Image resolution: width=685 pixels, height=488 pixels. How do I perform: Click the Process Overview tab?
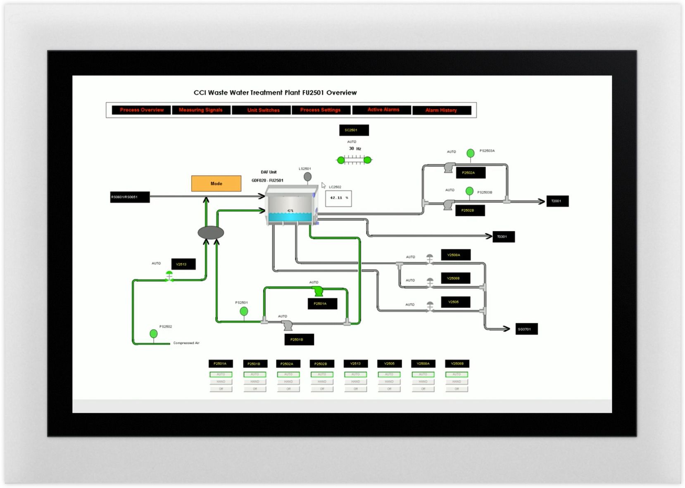coord(142,110)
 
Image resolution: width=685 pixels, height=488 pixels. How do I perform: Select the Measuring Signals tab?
coord(201,110)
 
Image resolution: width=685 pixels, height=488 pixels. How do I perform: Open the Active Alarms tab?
coord(383,110)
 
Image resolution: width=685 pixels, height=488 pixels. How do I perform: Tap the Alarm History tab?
coord(441,110)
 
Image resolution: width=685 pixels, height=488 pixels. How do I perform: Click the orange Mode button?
coord(216,184)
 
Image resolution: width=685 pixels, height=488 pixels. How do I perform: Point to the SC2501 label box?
coord(354,130)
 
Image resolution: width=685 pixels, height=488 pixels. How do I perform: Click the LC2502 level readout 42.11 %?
coord(338,198)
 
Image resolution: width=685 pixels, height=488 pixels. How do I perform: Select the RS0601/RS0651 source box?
coord(130,197)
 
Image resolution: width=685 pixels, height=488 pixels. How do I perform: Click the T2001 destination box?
coord(557,201)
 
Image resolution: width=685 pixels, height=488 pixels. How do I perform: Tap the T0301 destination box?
coord(503,237)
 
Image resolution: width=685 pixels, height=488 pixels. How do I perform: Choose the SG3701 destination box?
coord(526,329)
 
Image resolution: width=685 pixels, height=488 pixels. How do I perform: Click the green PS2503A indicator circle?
coord(470,153)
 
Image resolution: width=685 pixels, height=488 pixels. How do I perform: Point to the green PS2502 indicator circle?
coord(154,333)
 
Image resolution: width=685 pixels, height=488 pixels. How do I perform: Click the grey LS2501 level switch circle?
coord(307,177)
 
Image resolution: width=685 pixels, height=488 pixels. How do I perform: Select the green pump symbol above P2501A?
coord(318,291)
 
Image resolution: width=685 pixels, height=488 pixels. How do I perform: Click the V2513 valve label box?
coord(183,264)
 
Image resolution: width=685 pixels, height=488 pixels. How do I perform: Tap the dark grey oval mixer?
coord(211,233)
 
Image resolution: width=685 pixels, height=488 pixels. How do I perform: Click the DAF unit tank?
coord(291,206)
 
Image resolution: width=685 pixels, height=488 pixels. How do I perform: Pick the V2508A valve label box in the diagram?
coord(455,255)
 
